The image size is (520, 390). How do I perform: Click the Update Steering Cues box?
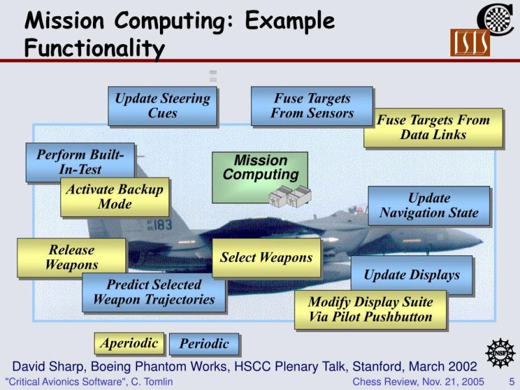(162, 106)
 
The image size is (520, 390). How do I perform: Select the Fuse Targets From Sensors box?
(312, 106)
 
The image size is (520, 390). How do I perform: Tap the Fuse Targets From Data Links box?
(433, 127)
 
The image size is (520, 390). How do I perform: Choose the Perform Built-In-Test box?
(80, 162)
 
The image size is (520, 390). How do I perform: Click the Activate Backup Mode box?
(114, 197)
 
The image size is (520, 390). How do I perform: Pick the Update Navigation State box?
(428, 205)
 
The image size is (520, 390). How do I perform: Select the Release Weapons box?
(71, 257)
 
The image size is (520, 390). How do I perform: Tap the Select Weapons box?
(266, 257)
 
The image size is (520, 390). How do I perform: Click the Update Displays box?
(411, 275)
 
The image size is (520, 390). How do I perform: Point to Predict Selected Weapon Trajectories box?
(153, 292)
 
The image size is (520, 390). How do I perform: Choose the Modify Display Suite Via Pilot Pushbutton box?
(370, 310)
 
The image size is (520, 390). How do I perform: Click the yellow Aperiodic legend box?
(129, 343)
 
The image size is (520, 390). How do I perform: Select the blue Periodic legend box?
(204, 344)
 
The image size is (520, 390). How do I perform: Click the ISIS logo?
(469, 43)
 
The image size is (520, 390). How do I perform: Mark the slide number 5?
(511, 382)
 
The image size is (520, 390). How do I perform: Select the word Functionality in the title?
(94, 47)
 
